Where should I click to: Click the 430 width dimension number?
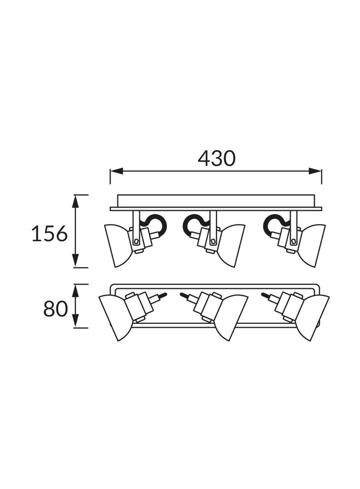[216, 158]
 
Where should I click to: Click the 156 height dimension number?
[50, 233]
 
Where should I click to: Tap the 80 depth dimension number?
[55, 308]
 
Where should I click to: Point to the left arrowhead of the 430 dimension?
[116, 171]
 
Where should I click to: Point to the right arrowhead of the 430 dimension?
[315, 171]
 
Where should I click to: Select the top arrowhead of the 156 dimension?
[75, 201]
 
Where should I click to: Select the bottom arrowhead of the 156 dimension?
[75, 261]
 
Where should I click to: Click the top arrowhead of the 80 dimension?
[75, 290]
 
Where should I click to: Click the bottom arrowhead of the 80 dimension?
[75, 321]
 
